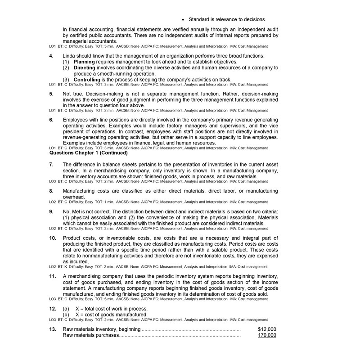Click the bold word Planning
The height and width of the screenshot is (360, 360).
[x=86, y=62]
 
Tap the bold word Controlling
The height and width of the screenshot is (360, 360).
[x=89, y=80]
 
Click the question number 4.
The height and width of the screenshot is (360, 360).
[x=51, y=55]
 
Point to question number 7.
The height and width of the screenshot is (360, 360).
[x=51, y=165]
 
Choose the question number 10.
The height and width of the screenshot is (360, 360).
[x=53, y=238]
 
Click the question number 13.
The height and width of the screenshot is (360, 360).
[x=53, y=329]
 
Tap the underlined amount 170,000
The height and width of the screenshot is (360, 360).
[x=267, y=335]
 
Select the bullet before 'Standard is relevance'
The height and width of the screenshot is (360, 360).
[x=183, y=19]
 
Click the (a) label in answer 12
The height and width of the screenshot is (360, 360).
[x=66, y=309]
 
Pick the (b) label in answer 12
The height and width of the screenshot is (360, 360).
[x=66, y=315]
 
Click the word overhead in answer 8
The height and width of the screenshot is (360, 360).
[x=73, y=197]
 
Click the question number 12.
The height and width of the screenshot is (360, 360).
[x=53, y=309]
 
